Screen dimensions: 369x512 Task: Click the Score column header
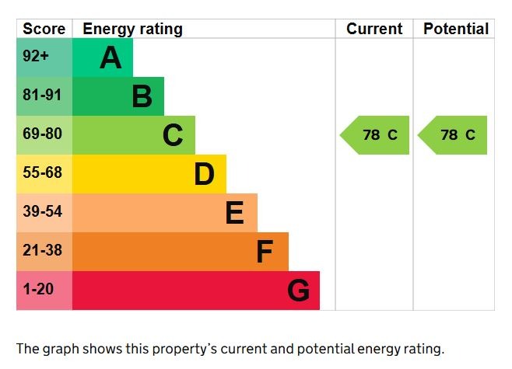coord(44,30)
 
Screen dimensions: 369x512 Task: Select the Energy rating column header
coord(132,30)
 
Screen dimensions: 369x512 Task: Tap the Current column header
coord(374,30)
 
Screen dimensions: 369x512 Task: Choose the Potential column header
coord(456,30)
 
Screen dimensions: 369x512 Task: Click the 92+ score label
coord(36,57)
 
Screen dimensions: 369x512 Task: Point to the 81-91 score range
coord(41,96)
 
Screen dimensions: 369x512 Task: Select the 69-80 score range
coord(41,134)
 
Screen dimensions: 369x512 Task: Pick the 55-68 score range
coord(41,173)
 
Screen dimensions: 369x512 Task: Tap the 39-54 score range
coord(41,212)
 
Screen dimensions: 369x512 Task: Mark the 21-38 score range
coord(41,251)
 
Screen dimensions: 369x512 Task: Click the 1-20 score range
coord(38,290)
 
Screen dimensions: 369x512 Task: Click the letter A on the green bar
coord(110,58)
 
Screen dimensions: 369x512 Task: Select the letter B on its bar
coord(142,97)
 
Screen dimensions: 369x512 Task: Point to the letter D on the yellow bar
coord(204,175)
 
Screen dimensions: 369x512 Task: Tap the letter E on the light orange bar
coord(234,214)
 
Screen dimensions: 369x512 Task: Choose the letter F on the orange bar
coord(265,252)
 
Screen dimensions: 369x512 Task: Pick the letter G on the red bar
coord(298,291)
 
